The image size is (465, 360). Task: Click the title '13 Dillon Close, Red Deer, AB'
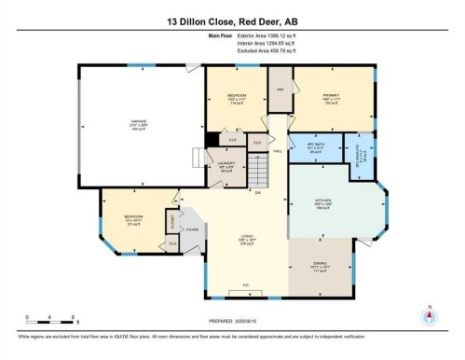pos(232,18)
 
